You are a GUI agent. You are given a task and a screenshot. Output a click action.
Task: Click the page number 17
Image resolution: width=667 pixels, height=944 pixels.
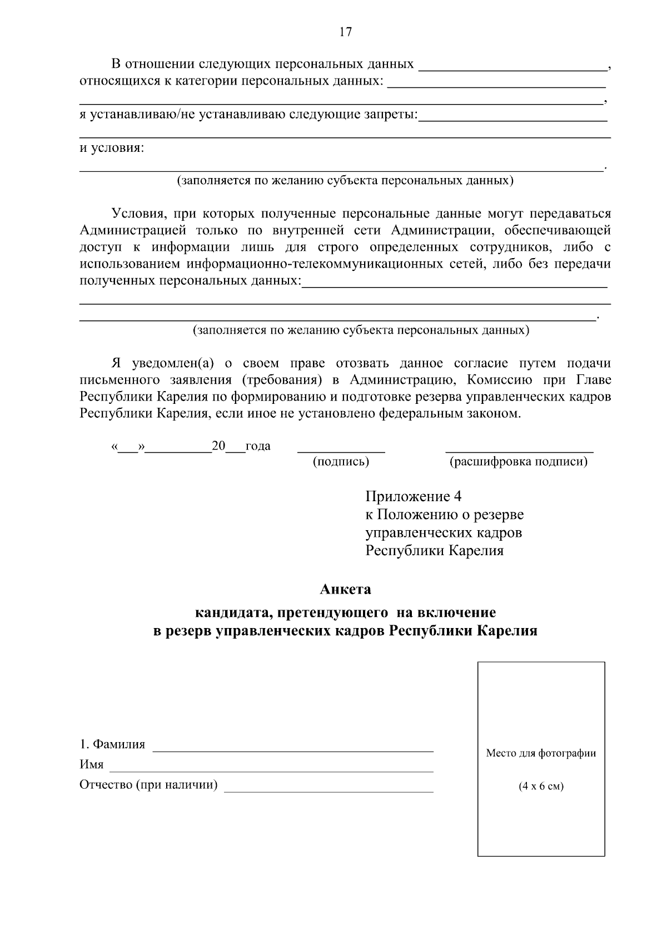(345, 32)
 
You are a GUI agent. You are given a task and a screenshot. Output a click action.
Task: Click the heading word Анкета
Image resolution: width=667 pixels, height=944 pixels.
(345, 589)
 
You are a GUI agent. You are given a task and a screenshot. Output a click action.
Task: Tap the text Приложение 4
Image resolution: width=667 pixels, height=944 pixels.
(413, 496)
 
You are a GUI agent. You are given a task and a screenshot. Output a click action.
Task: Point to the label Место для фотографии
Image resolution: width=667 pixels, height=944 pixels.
(540, 753)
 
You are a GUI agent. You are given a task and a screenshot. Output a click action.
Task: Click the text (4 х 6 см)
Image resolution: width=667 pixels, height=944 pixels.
(540, 787)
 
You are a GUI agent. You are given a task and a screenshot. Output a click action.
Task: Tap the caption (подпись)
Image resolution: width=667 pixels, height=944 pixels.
(341, 462)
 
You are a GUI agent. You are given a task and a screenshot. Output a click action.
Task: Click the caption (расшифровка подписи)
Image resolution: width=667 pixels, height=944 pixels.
(518, 462)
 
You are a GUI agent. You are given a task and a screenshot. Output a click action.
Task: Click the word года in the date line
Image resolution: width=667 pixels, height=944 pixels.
(257, 446)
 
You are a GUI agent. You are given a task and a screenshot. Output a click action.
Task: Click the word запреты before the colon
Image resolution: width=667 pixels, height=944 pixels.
(389, 115)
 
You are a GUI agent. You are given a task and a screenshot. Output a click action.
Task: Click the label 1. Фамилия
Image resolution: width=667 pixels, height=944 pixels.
(112, 744)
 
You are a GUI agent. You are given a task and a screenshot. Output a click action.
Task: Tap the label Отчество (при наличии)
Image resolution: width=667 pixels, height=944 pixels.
(148, 785)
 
